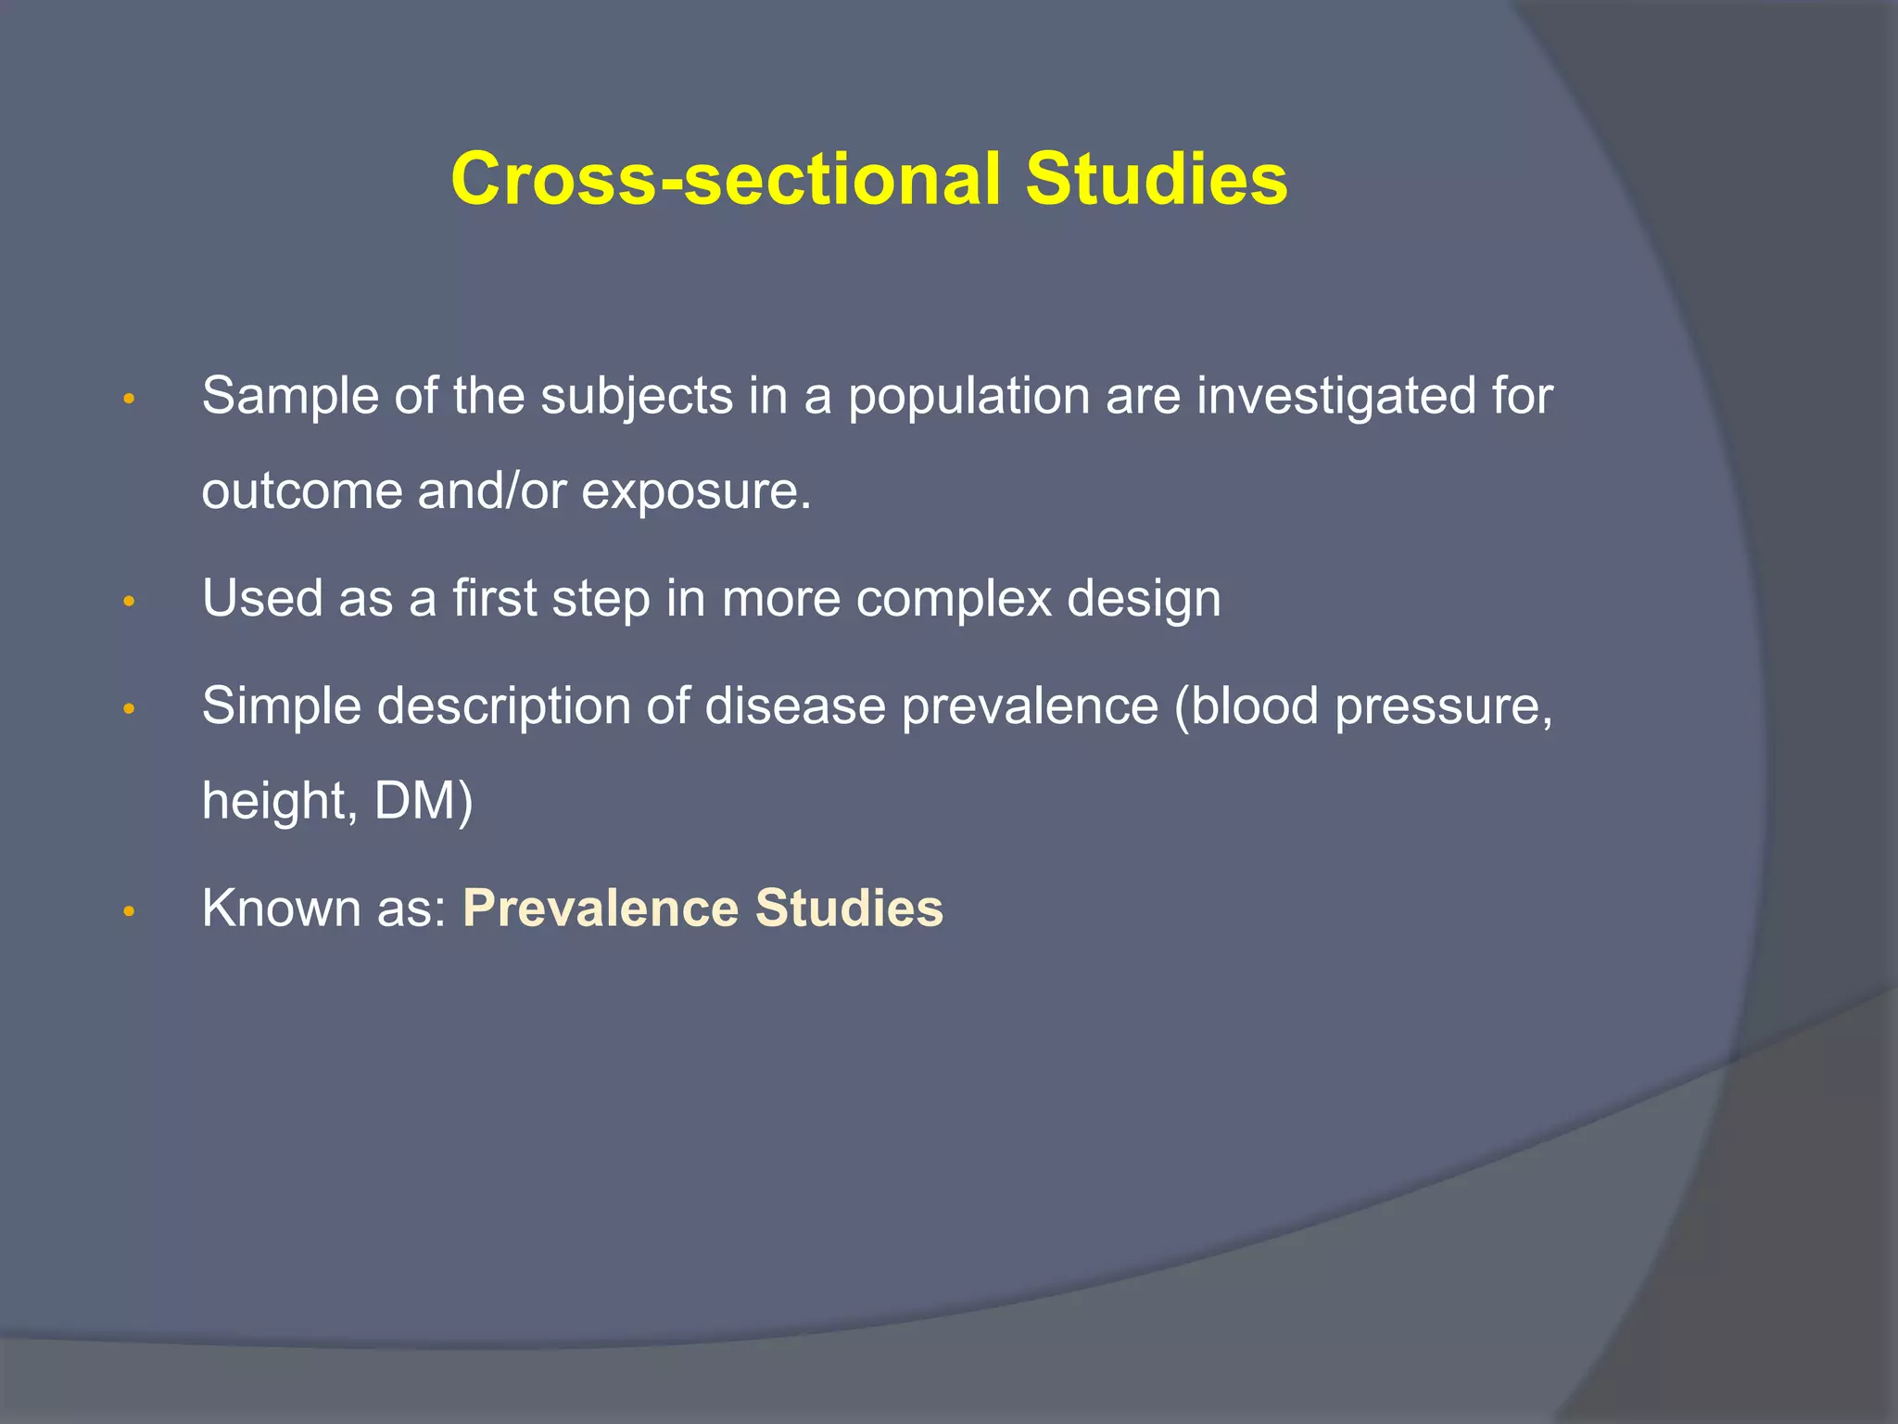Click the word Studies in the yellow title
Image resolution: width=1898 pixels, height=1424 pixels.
click(x=1156, y=179)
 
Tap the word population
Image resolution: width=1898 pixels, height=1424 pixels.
click(x=968, y=397)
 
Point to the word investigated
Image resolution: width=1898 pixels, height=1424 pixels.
click(x=1334, y=397)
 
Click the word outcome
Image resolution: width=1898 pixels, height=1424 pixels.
click(x=301, y=491)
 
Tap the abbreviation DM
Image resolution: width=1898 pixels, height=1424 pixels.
click(x=415, y=801)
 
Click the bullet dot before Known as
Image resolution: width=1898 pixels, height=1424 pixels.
click(x=130, y=912)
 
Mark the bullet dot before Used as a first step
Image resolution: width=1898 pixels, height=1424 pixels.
click(x=130, y=603)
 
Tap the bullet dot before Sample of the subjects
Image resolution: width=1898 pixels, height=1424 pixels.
click(x=130, y=400)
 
